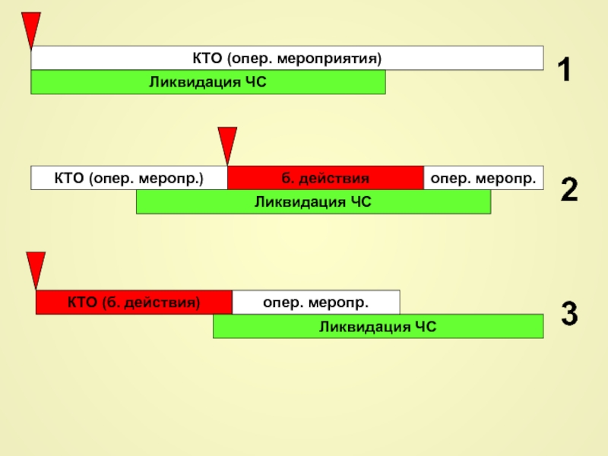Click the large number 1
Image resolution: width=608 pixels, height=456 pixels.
[x=565, y=69]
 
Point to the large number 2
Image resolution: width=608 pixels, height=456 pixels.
[x=569, y=189]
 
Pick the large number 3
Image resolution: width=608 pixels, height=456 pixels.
[x=569, y=313]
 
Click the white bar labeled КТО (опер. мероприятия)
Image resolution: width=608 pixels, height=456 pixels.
[x=287, y=58]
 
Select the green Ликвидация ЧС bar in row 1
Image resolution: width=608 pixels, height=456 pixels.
[x=207, y=82]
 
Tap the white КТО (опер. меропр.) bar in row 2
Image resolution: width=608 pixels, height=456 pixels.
[x=129, y=178]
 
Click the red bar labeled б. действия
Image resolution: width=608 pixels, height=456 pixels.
[x=325, y=178]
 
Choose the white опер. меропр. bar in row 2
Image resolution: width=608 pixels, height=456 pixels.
[x=483, y=178]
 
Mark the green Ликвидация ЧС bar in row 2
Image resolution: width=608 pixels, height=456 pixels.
[x=313, y=201]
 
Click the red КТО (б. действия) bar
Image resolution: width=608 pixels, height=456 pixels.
[x=134, y=302]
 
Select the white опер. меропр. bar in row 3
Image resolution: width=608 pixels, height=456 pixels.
[x=316, y=302]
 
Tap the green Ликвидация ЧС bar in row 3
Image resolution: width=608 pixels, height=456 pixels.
[x=378, y=327]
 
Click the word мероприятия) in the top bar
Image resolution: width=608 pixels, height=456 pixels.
[x=330, y=59]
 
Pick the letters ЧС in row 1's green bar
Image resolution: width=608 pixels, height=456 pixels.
[x=256, y=82]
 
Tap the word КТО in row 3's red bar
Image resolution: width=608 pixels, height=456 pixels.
[x=82, y=302]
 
